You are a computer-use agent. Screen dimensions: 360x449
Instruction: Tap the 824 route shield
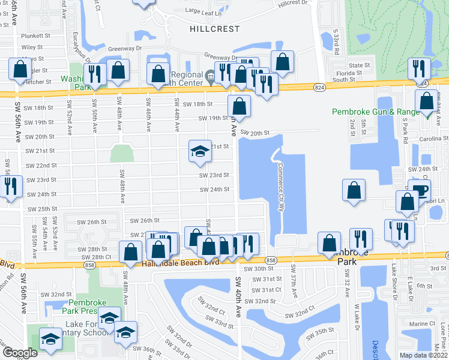tap(319, 88)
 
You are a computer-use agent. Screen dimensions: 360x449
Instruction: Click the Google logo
tap(19, 353)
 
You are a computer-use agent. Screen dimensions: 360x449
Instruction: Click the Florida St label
tap(360, 73)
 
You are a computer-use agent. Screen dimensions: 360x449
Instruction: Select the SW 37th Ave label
tap(294, 281)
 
